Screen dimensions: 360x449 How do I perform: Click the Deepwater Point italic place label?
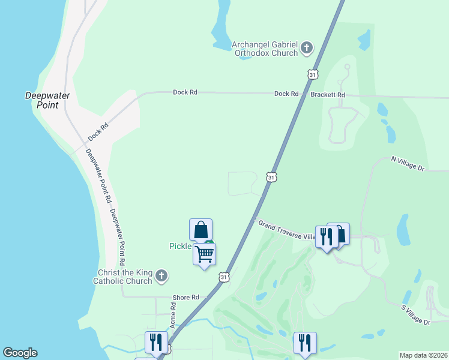tap(47, 100)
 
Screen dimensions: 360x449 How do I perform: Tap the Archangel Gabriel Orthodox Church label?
tap(265, 48)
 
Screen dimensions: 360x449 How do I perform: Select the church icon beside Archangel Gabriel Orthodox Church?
tap(307, 47)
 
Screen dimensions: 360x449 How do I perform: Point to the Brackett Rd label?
tap(328, 95)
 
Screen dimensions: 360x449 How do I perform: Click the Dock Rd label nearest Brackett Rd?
tap(286, 94)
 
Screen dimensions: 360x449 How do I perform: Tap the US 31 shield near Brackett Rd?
tap(311, 74)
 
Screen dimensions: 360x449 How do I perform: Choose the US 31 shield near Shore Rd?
tap(223, 277)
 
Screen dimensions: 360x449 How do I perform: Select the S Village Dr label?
tap(416, 314)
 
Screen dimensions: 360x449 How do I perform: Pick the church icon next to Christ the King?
tap(161, 276)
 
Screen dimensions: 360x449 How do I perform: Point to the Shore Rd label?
tap(185, 298)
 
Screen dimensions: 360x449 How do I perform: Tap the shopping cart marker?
tap(204, 254)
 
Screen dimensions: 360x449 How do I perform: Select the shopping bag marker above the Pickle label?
tap(200, 230)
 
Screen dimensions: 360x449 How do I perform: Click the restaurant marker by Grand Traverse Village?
tap(326, 237)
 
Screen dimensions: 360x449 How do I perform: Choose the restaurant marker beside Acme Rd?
tap(156, 343)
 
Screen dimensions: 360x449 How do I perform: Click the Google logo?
tap(20, 353)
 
